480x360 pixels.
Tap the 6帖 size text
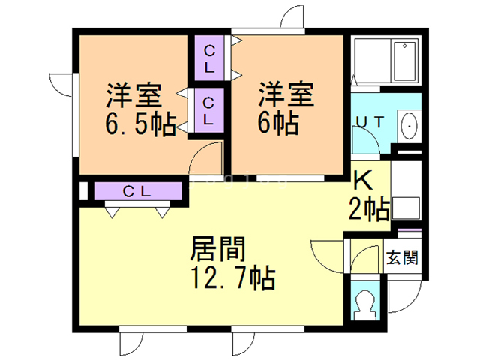279,121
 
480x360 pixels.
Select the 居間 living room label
220,247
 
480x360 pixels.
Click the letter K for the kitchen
363,181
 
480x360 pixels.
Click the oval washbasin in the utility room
409,125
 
